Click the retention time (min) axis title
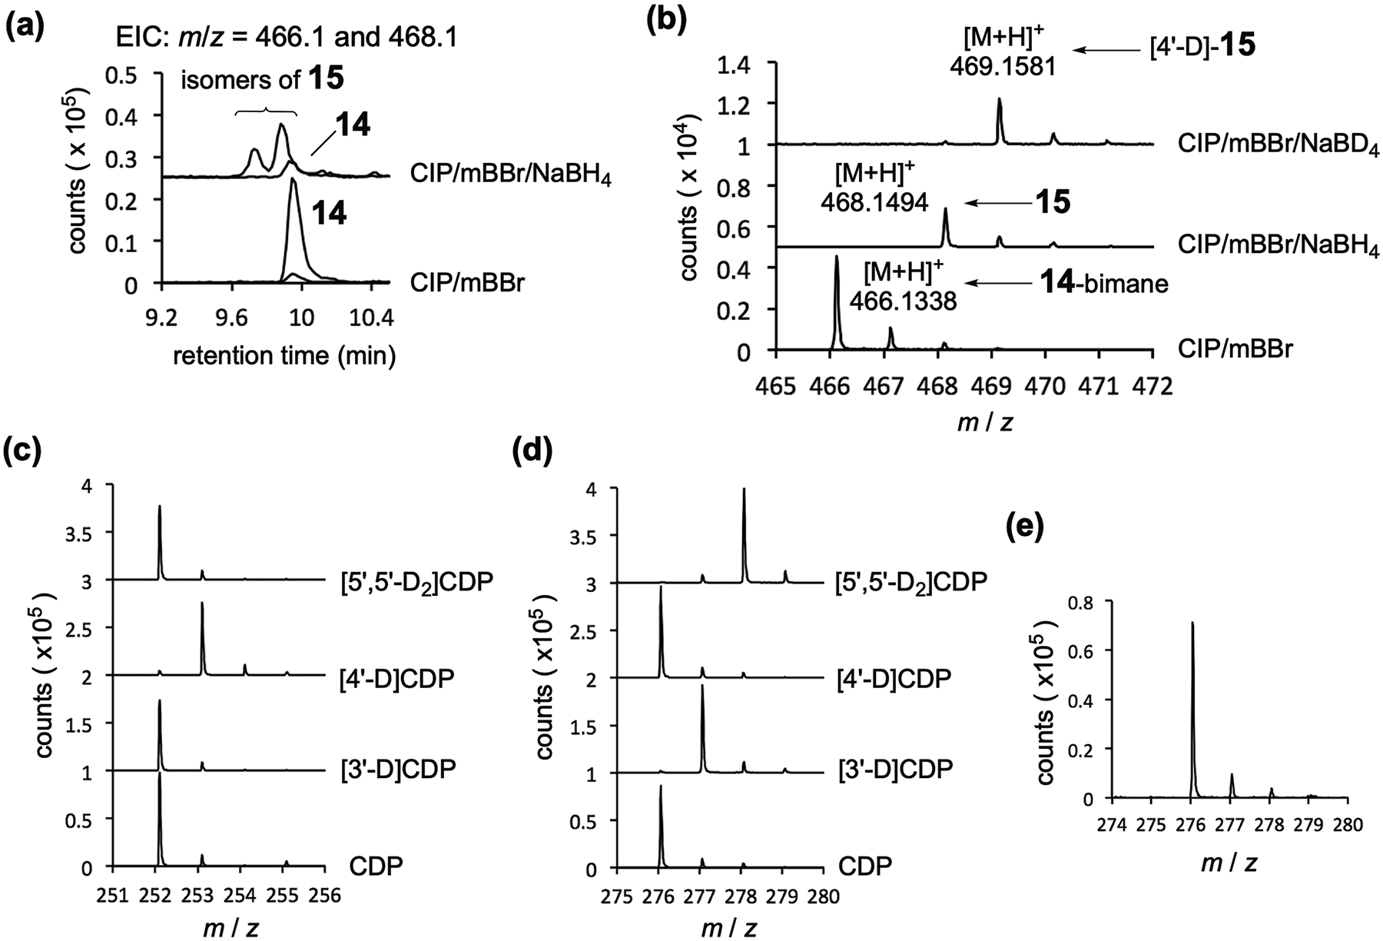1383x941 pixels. pyautogui.click(x=284, y=356)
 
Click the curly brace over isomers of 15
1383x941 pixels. pyautogui.click(x=266, y=113)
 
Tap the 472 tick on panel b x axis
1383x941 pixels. pyautogui.click(x=1151, y=385)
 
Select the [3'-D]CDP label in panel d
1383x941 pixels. pyautogui.click(x=893, y=769)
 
